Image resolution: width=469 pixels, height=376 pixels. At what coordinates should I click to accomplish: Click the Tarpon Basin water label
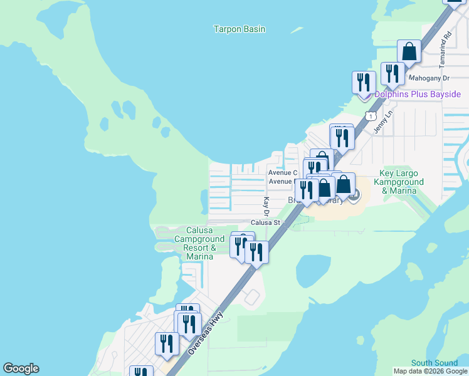pos(239,29)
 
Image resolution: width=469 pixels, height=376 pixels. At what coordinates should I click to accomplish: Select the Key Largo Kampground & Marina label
pos(402,182)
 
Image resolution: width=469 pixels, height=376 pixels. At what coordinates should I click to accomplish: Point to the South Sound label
pos(435,363)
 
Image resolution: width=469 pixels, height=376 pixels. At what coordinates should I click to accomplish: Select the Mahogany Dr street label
pos(429,78)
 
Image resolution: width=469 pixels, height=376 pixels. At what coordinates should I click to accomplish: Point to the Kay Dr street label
pos(266,204)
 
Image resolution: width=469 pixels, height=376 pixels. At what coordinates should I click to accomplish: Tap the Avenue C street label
pos(282,172)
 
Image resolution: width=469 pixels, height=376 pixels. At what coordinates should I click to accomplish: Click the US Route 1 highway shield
pos(371,117)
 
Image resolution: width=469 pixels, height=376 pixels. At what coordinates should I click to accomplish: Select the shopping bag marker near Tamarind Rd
pos(409,51)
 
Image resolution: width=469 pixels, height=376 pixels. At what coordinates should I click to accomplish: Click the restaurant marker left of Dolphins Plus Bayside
pos(364,82)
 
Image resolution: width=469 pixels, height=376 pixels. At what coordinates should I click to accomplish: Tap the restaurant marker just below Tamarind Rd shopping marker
pos(393,73)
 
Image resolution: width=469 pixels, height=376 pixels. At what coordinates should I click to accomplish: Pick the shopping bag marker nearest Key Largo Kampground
pos(343,184)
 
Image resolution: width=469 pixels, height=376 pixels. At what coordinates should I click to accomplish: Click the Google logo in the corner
pos(21,368)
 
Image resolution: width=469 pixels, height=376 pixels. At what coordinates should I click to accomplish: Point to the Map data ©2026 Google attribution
pos(430,371)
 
